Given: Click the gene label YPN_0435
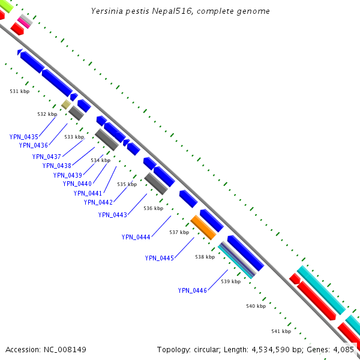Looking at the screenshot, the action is (x=23, y=137).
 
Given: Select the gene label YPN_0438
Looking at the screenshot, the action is (x=56, y=166).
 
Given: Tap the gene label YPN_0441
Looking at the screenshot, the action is (x=88, y=193).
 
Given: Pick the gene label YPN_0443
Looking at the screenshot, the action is (x=112, y=215).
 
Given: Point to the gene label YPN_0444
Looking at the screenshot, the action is (x=136, y=237).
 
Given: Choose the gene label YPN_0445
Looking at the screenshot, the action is (x=159, y=258).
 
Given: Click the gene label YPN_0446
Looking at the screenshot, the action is (x=192, y=290).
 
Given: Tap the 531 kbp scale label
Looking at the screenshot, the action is (x=20, y=91).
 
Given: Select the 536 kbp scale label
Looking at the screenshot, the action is (x=154, y=209).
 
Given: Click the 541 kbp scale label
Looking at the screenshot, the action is (x=281, y=331).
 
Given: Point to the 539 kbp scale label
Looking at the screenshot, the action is (x=230, y=281).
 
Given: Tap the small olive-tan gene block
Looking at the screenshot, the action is (x=66, y=104).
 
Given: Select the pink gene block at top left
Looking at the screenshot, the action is (x=24, y=22).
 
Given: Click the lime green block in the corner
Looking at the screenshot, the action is (x=5, y=6).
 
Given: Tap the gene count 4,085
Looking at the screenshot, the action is (x=343, y=349).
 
